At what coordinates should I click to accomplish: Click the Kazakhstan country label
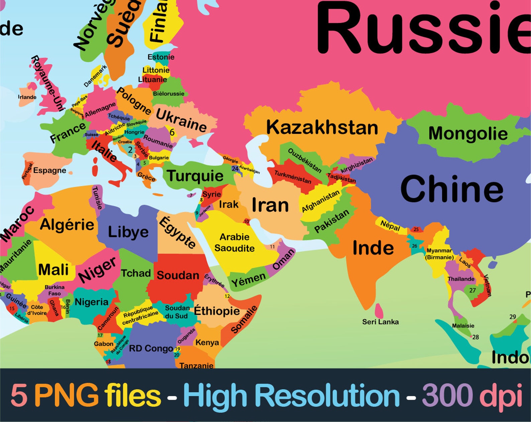click(x=322, y=128)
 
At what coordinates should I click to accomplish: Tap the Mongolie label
click(x=468, y=134)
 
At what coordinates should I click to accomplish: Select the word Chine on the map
click(x=452, y=189)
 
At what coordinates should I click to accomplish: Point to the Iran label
click(x=270, y=205)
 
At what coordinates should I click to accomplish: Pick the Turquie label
click(x=195, y=176)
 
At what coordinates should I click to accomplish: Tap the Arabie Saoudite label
click(x=234, y=243)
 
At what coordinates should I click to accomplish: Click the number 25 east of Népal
click(x=416, y=229)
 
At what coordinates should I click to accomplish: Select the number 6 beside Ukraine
click(x=172, y=132)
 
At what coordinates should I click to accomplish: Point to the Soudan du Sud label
click(x=177, y=312)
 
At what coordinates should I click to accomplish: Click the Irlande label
click(x=27, y=97)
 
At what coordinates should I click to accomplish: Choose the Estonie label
click(x=161, y=57)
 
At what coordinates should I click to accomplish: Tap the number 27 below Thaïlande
click(x=472, y=290)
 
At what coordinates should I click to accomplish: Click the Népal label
click(x=390, y=226)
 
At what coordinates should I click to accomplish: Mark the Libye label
click(x=128, y=232)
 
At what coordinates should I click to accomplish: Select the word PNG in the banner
click(x=67, y=395)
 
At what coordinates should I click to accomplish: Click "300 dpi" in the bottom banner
click(x=472, y=395)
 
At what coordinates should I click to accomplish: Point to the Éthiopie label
click(x=217, y=311)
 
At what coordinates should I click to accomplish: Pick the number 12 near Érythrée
click(x=227, y=296)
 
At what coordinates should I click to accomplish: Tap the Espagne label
click(x=49, y=171)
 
